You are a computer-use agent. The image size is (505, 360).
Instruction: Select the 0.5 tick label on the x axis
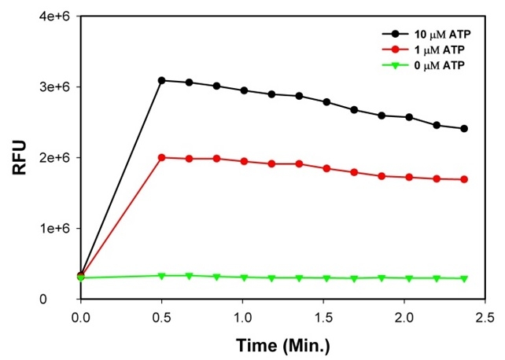tap(161, 316)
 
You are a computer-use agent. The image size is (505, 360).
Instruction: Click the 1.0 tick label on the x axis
tap(243, 316)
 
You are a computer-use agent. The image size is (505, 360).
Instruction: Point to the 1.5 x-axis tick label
tap(324, 316)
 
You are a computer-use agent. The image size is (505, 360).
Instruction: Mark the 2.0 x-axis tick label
tap(404, 316)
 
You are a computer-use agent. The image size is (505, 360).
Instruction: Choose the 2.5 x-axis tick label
tap(485, 316)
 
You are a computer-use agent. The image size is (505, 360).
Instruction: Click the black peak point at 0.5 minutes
tap(162, 80)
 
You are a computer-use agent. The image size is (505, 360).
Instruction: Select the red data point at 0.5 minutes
tap(162, 157)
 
